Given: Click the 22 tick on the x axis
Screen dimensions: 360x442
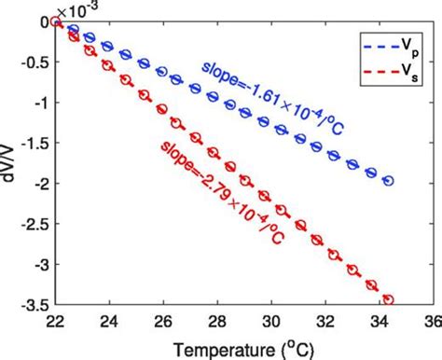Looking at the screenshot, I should (56, 320).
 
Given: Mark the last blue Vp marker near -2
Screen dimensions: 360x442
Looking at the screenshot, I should (388, 181).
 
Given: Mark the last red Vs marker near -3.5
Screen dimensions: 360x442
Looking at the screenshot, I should (388, 299).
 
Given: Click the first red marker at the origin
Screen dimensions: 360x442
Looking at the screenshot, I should (56, 23).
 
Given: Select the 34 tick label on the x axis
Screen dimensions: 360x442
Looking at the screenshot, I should (378, 320).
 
